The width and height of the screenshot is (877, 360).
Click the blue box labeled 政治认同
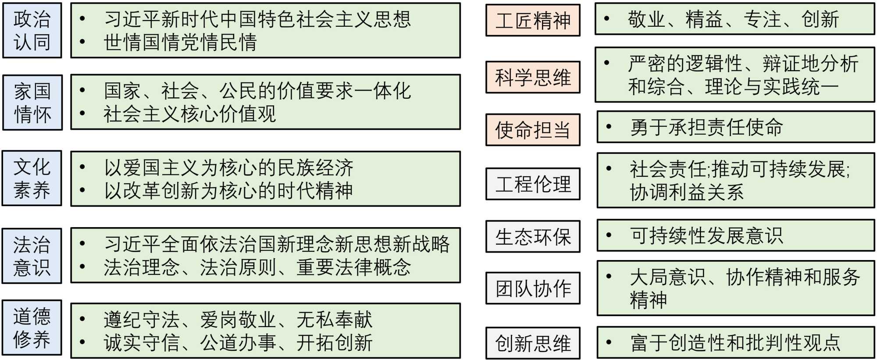coord(32,30)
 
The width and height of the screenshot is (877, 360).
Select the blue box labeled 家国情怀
coord(32,103)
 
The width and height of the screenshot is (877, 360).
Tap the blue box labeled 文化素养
coord(32,178)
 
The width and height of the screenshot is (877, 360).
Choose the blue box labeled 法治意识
coord(32,256)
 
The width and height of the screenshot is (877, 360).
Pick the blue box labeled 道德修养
coord(32,328)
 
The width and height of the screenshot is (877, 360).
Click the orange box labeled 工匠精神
coord(533,20)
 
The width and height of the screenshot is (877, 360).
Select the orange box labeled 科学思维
coord(533,77)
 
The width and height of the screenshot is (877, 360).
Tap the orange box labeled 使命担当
coord(533,130)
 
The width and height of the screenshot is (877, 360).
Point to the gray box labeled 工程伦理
coord(533,184)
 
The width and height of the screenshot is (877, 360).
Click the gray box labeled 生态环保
coord(533,236)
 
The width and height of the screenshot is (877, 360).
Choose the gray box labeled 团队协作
coord(533,288)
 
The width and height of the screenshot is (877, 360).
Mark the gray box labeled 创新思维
coord(533,343)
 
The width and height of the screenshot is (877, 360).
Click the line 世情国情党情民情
coord(180,43)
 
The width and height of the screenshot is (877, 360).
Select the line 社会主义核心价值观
coord(189,114)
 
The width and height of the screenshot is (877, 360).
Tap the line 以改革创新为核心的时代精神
coord(228,190)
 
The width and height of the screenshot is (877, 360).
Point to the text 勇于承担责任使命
coord(706,127)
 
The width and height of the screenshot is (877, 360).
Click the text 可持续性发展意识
coord(706,235)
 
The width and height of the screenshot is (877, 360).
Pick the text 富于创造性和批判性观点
coord(735,342)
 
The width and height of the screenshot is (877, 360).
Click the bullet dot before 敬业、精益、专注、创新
coord(607,19)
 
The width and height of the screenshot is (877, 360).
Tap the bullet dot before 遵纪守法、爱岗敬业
coord(82,319)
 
